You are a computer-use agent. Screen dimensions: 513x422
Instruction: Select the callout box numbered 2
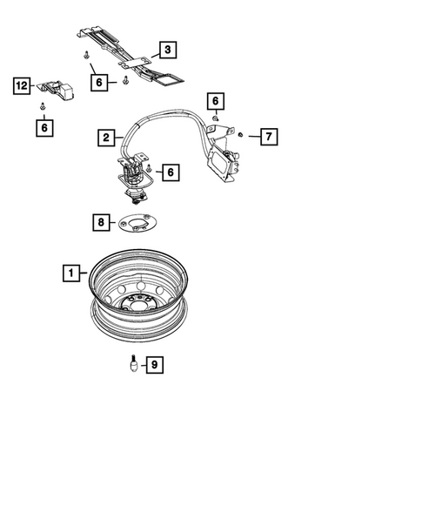coord(105,138)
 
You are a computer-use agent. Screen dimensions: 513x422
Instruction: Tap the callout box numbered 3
coord(167,50)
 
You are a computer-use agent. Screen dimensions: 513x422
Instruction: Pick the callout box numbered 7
coord(268,137)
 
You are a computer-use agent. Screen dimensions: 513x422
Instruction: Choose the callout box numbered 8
coord(103,223)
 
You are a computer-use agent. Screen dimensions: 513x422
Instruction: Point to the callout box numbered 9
coord(156,366)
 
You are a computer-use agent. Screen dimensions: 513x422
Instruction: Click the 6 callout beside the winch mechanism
coord(170,172)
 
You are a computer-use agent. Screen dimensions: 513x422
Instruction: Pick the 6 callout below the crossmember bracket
coord(101,82)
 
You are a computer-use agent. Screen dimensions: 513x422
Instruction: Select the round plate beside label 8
coord(138,224)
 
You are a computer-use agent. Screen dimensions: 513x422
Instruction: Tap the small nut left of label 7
coord(241,135)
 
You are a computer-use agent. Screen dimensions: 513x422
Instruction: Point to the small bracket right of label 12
coord(58,88)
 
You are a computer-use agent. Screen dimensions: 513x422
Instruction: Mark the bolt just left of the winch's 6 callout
coord(150,167)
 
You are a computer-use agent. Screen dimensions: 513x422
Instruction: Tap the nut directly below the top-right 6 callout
coord(217,117)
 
